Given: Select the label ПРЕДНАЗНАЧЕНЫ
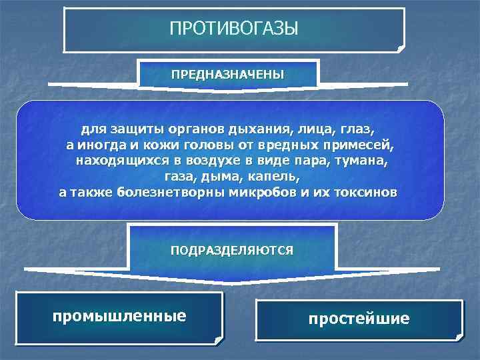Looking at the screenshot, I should (227, 74).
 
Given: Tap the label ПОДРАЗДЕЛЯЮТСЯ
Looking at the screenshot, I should (231, 251).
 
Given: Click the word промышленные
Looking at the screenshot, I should (119, 315).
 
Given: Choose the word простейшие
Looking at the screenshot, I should (359, 319).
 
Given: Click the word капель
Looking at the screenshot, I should (276, 177).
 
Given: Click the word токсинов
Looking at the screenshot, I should (363, 193).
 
